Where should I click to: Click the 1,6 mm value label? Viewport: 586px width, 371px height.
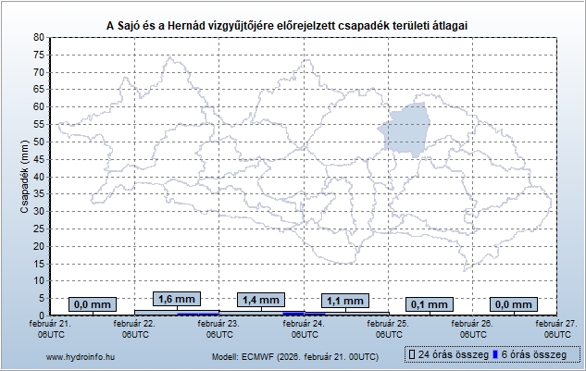(177, 299)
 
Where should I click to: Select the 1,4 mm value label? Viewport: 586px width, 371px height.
(260, 300)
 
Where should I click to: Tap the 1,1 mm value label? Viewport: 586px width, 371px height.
(345, 301)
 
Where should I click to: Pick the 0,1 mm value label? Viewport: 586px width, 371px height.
(430, 304)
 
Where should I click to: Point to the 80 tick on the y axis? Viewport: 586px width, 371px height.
(40, 37)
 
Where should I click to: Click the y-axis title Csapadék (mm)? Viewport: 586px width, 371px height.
(26, 177)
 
